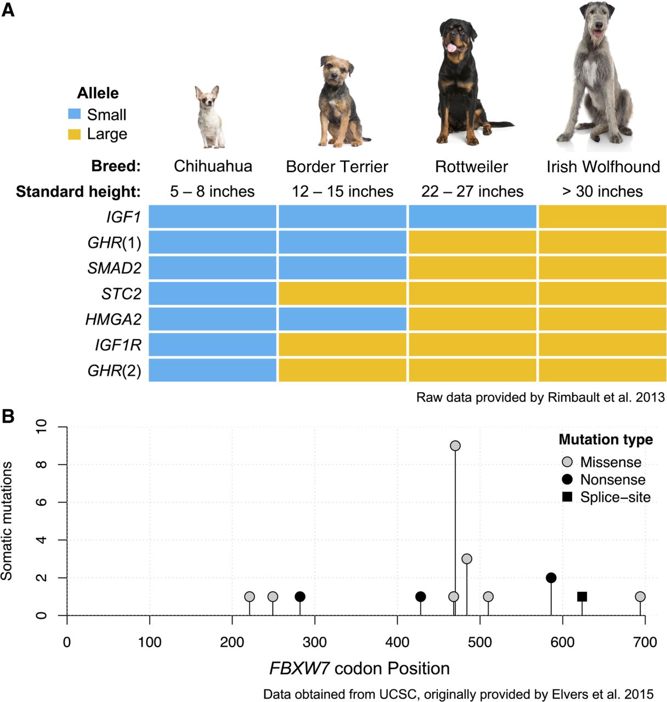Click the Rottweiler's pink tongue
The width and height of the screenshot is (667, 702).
tap(452, 47)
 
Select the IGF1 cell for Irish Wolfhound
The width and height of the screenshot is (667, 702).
tap(602, 217)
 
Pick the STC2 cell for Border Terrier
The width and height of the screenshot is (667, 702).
tap(342, 293)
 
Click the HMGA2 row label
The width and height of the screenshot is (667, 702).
tap(113, 319)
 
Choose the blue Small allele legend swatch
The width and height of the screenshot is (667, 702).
tap(74, 114)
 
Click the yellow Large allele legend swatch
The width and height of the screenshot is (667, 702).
tap(74, 134)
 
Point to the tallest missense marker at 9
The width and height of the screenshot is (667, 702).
tap(455, 446)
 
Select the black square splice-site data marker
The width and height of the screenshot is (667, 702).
tap(582, 597)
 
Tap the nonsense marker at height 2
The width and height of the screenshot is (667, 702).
tap(551, 578)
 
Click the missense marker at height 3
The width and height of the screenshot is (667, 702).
tap(467, 559)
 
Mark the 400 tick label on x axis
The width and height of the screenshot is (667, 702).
tap(397, 642)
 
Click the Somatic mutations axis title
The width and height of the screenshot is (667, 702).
tap(7, 521)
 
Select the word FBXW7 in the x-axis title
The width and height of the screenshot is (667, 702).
tap(299, 669)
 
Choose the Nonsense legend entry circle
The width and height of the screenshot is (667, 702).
tap(567, 479)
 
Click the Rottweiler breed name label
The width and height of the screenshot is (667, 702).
tap(472, 166)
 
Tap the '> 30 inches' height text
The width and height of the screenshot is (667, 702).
tap(602, 191)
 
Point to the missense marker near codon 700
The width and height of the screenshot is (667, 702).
tap(640, 597)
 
